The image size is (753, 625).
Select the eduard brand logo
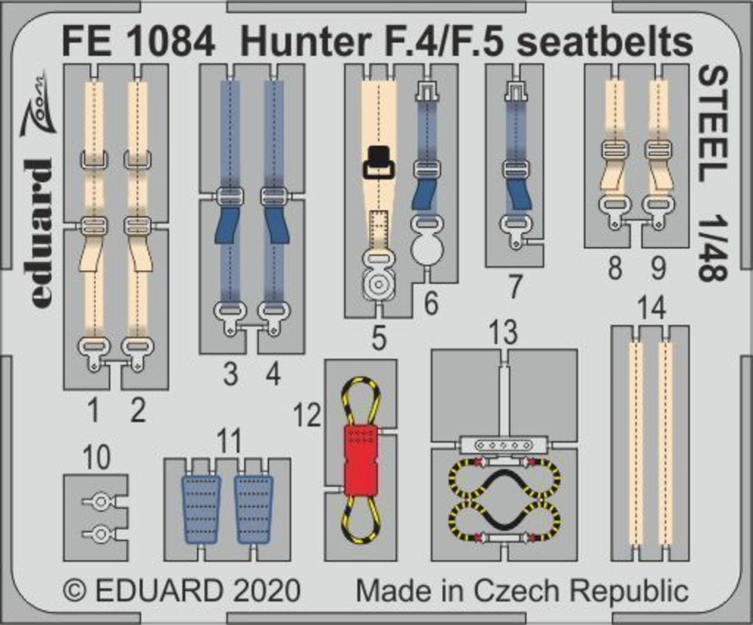(x=42, y=233)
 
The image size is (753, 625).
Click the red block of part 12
(x=361, y=461)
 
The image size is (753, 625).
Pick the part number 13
(x=503, y=332)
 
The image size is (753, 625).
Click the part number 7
(x=514, y=287)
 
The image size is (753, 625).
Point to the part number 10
(x=96, y=457)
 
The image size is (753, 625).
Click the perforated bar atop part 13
(x=504, y=445)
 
